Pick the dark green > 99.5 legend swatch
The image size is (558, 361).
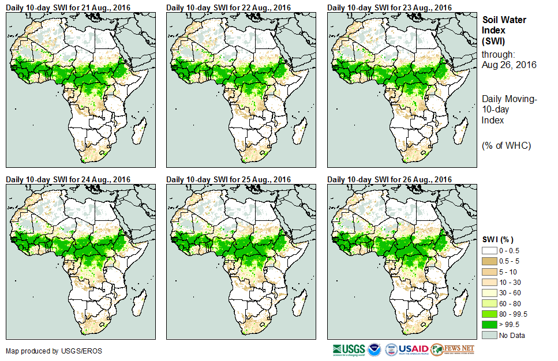490,324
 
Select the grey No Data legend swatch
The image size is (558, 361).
490,334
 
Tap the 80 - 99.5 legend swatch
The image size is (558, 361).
490,314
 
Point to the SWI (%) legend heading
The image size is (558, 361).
498,239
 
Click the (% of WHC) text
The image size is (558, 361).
506,145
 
